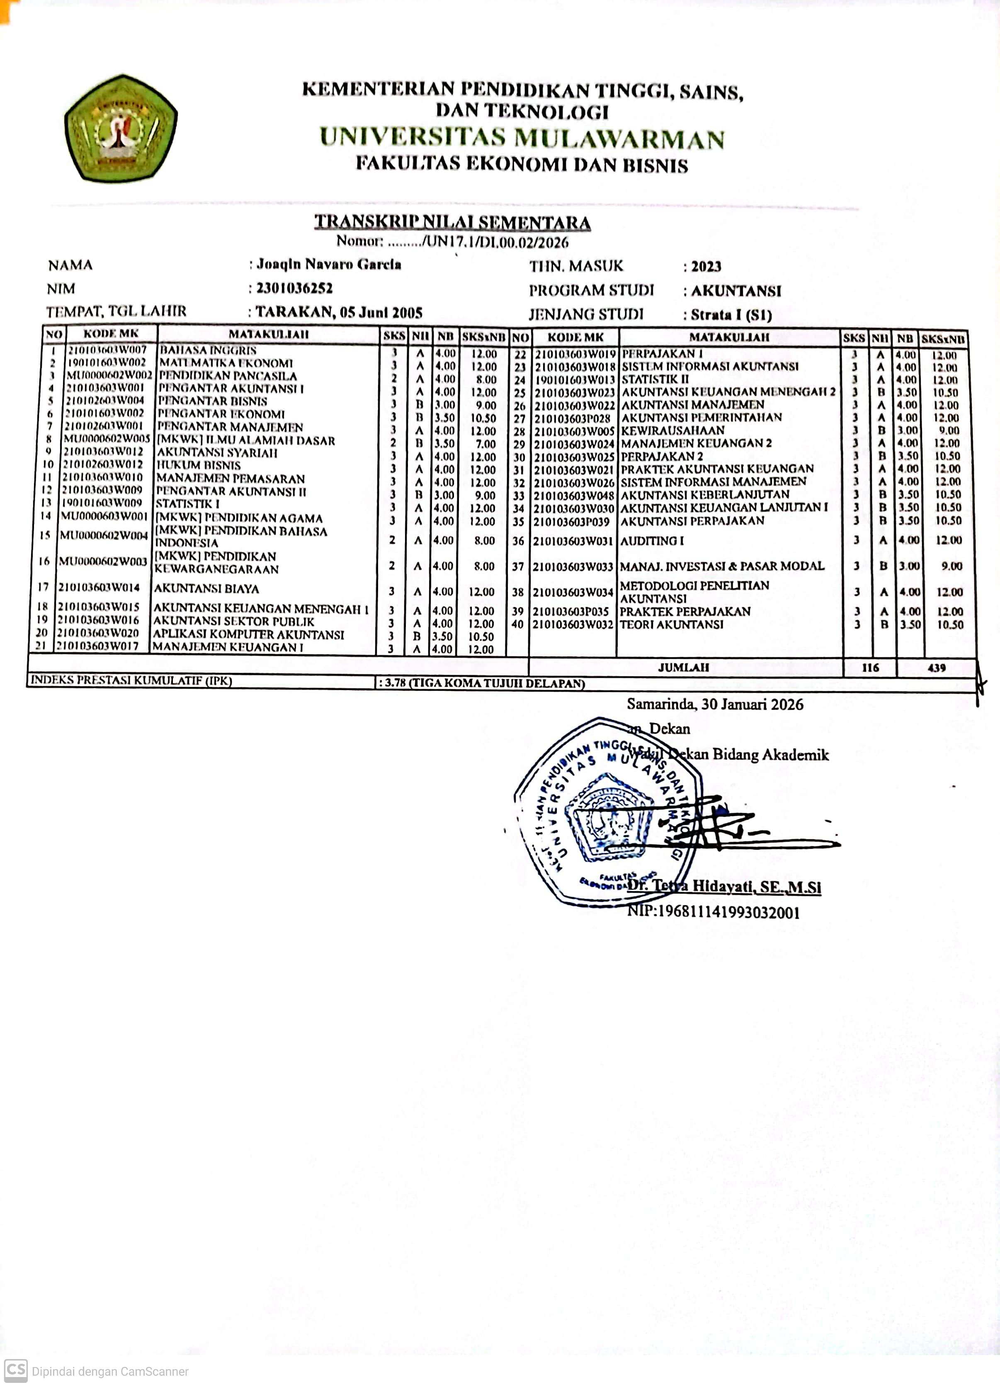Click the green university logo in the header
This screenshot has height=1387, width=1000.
[x=121, y=129]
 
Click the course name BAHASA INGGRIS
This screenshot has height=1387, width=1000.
[x=208, y=350]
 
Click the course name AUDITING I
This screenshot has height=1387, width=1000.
[x=652, y=541]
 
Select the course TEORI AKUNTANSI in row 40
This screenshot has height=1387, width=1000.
[x=672, y=624]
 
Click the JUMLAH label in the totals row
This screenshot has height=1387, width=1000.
[x=683, y=667]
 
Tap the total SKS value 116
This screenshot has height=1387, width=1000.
[x=870, y=668]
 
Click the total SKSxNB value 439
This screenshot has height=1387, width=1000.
[x=937, y=668]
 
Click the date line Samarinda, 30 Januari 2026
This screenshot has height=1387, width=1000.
[x=714, y=704]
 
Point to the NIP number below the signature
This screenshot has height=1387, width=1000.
[x=713, y=913]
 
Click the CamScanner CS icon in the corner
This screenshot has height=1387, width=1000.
[x=16, y=1370]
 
